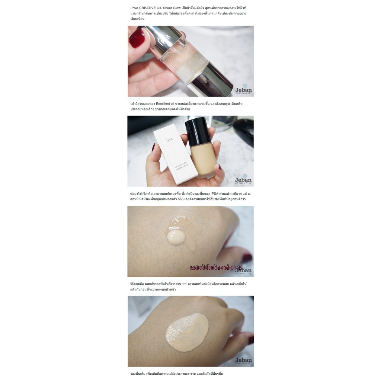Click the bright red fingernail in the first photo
[137, 38]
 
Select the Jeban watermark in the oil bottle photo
[243, 89]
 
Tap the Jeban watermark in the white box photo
[243, 180]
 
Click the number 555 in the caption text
[182, 199]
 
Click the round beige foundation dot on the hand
[176, 237]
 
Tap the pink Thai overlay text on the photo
[216, 268]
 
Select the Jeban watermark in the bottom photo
[243, 360]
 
